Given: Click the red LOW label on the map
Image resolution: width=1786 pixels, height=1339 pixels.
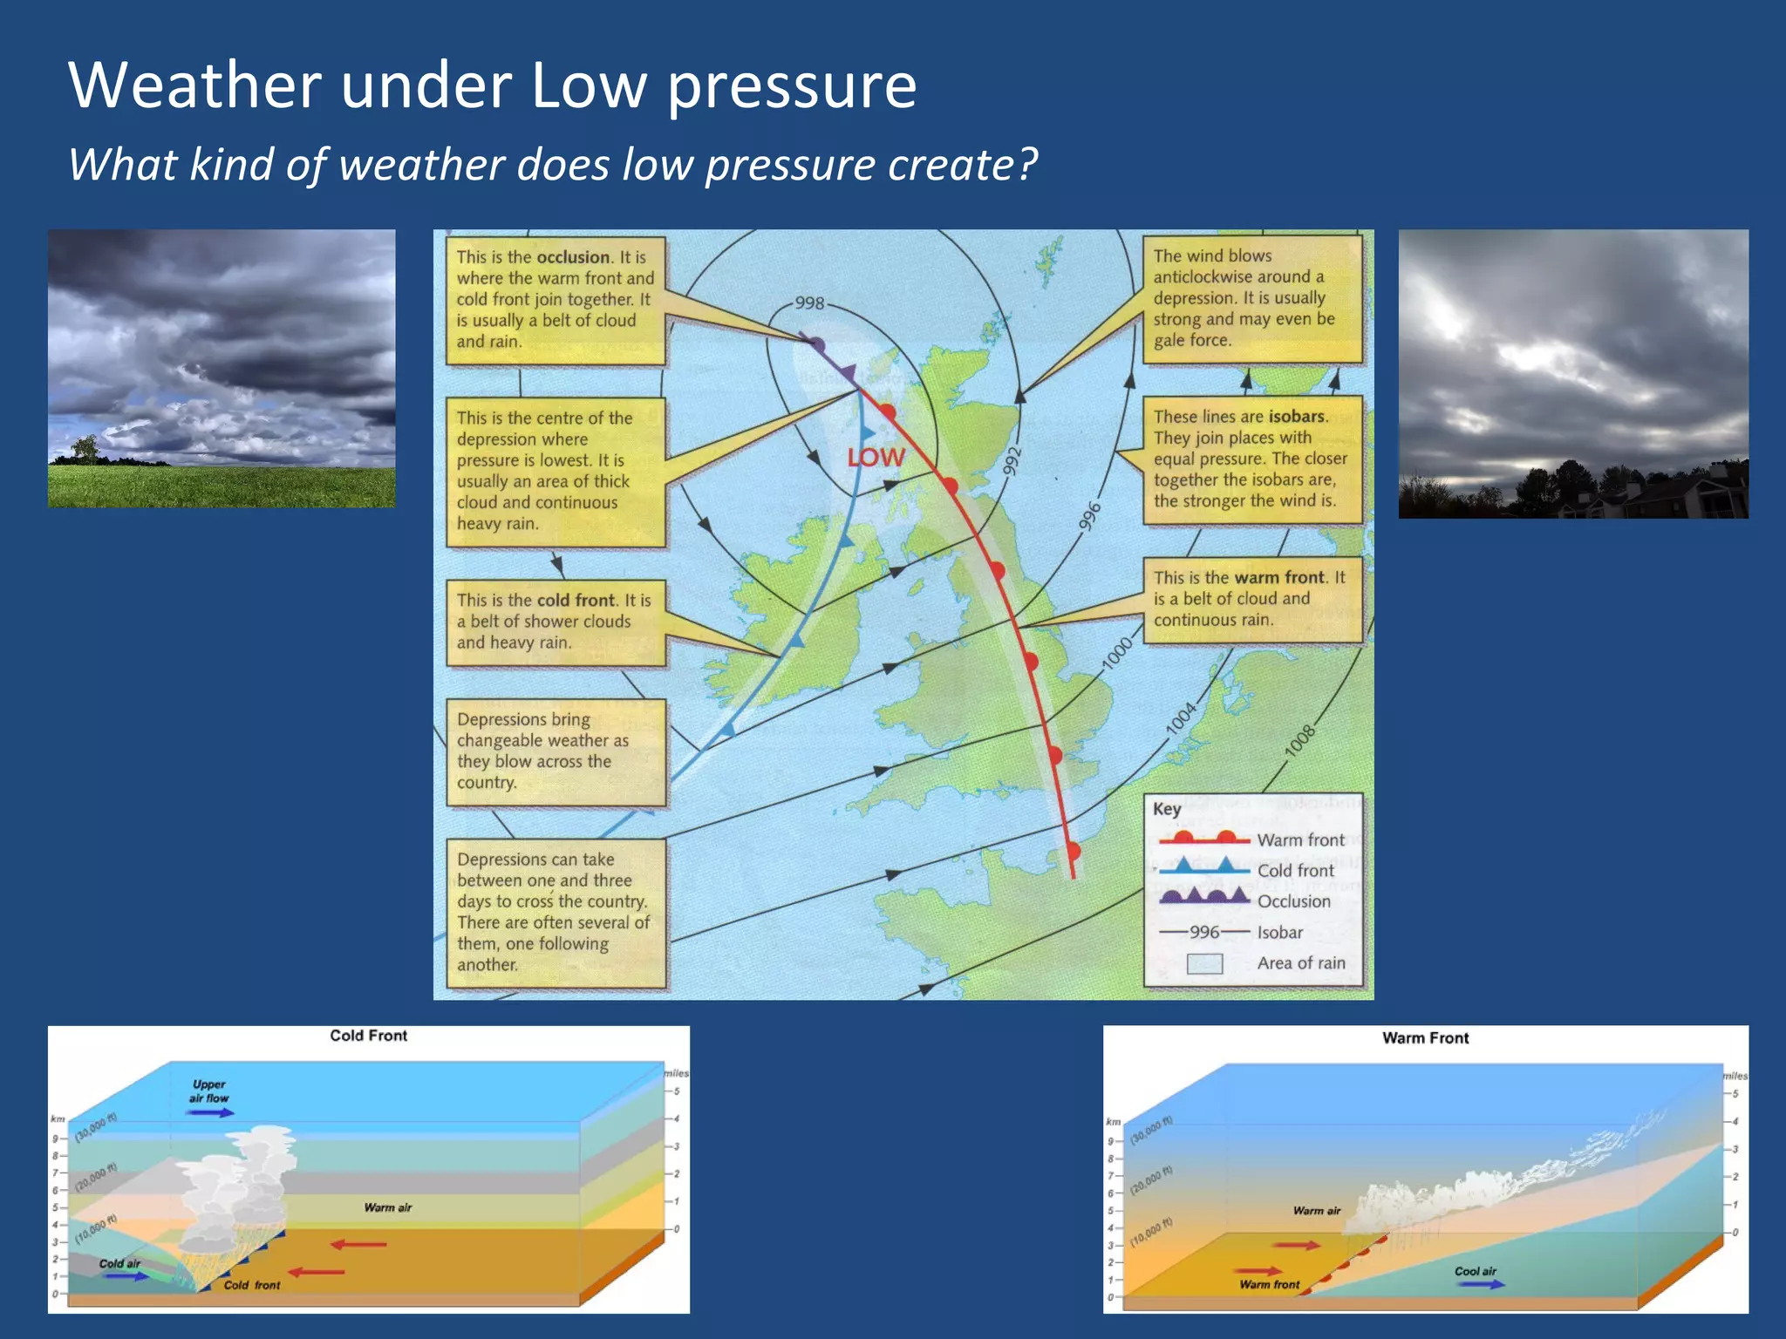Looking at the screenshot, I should tap(876, 457).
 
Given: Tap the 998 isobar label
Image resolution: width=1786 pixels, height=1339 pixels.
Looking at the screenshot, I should tap(809, 302).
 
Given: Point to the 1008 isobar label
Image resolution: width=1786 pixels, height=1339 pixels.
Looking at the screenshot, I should tap(1299, 741).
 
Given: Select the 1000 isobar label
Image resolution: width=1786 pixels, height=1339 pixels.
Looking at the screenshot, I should tap(1117, 654).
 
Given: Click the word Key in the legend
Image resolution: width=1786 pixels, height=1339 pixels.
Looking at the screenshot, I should tap(1167, 809).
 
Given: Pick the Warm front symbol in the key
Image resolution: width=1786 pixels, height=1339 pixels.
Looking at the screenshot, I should tap(1204, 839).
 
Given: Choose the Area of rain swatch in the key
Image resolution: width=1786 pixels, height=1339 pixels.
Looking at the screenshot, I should tap(1204, 963).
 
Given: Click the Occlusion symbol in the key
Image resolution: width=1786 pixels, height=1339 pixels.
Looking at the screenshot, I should tap(1204, 897).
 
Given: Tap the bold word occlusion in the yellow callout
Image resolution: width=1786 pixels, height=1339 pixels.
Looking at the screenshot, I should tap(573, 257).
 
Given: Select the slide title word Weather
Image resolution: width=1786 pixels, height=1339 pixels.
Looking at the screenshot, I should tap(194, 85).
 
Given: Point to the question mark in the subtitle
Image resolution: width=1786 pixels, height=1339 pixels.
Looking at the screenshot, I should tap(1026, 164).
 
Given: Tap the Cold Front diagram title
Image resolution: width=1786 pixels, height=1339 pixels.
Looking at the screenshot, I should tap(368, 1036).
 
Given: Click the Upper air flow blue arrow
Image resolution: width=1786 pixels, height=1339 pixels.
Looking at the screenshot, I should tap(210, 1112).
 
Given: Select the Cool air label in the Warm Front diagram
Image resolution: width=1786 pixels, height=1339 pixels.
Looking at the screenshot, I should tap(1475, 1271).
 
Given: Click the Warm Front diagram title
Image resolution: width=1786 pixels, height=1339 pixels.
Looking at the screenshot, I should tap(1425, 1038).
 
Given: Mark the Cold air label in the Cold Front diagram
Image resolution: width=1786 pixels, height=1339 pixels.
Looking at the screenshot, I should tap(119, 1263).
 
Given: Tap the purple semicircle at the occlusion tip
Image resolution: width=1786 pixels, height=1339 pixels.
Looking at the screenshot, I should tap(816, 345).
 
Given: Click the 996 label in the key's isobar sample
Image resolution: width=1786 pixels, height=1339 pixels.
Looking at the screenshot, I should tap(1204, 932).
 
